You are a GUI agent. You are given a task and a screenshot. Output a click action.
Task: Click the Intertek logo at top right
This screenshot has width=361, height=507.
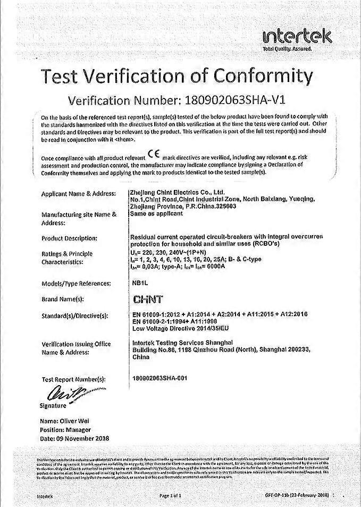[x=297, y=38]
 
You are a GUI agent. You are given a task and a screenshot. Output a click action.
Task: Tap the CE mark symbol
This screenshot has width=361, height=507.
[x=153, y=155]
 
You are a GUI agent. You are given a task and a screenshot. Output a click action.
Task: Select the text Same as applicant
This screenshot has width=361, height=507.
[x=156, y=213]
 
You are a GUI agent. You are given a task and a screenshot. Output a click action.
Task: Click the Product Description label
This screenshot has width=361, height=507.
[x=69, y=238]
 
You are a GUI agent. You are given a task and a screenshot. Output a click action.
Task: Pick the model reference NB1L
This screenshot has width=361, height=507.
[x=139, y=283]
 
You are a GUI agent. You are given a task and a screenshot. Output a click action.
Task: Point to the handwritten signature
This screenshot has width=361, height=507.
[x=63, y=394]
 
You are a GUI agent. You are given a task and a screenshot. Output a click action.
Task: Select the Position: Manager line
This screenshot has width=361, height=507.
[x=65, y=429]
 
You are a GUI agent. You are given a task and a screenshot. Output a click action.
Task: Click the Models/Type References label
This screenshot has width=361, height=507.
[x=76, y=284]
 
